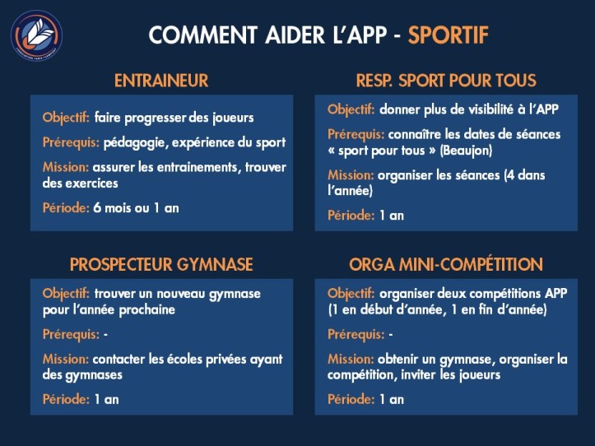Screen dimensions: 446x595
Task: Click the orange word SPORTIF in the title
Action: (x=449, y=35)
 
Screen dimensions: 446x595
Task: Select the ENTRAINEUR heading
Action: (x=161, y=81)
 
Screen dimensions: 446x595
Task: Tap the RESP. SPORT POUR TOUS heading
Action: (x=446, y=81)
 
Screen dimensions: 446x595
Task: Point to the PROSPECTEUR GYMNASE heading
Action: (x=161, y=264)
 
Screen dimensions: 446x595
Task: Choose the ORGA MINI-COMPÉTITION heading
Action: (x=446, y=264)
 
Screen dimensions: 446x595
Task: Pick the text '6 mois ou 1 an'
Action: (x=136, y=208)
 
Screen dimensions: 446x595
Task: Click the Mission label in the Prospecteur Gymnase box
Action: (x=65, y=360)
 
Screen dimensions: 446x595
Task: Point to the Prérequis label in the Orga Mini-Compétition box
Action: (x=356, y=335)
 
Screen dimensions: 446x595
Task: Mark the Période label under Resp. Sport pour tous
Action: (x=351, y=216)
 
